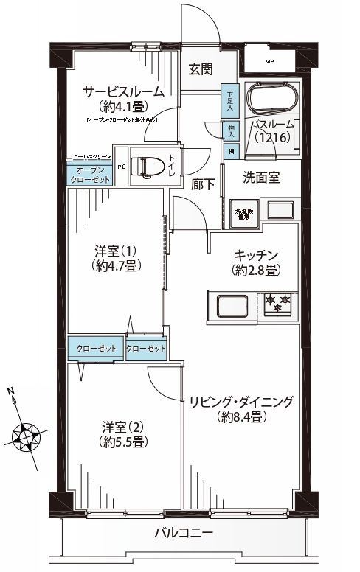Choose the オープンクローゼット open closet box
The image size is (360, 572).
[x=91, y=175]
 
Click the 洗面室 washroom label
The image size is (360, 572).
[x=260, y=178]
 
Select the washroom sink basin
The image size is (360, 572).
[x=280, y=211]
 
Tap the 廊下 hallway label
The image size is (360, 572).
[x=204, y=185]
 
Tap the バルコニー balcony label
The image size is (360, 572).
[x=184, y=532]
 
